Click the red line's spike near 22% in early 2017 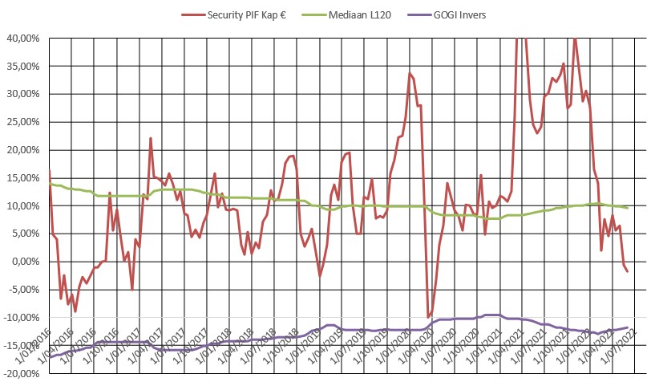(151, 139)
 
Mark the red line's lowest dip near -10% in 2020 (429, 317)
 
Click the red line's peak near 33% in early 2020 (410, 74)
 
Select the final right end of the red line (627, 271)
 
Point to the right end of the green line (627, 208)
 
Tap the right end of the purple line (627, 327)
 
